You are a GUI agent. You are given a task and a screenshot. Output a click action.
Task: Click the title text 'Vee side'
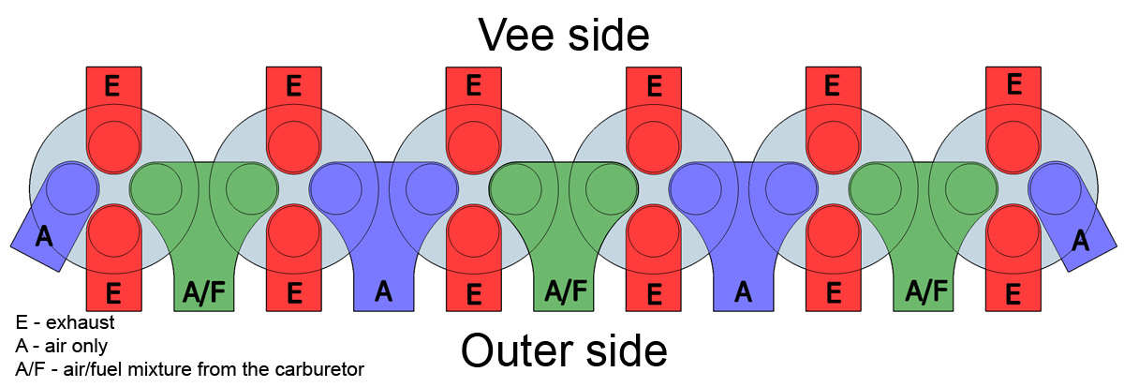pos(563,34)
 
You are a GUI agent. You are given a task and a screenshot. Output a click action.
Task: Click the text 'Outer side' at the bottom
pos(564,351)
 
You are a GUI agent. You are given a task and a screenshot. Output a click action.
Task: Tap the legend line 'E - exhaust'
pos(66,322)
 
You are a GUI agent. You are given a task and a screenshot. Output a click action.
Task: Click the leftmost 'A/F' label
pos(202,293)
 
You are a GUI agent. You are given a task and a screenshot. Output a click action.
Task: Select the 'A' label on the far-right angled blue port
pos(1080,240)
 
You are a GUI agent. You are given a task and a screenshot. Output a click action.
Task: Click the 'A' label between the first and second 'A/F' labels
pos(382,292)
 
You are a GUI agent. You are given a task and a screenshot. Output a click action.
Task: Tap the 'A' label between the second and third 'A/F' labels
pos(743,292)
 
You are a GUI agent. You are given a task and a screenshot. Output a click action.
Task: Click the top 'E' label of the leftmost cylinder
pos(112,86)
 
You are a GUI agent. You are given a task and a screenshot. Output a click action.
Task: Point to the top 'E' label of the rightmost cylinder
pos(1013,85)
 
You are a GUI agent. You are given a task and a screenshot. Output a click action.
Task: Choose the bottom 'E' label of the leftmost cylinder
pos(113,293)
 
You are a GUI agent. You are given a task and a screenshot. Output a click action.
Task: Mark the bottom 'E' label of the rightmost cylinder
pos(1013,294)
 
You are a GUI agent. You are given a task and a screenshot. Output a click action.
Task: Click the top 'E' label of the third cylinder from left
pos(473,86)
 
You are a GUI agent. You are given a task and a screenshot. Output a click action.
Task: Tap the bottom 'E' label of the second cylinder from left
pos(294,293)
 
